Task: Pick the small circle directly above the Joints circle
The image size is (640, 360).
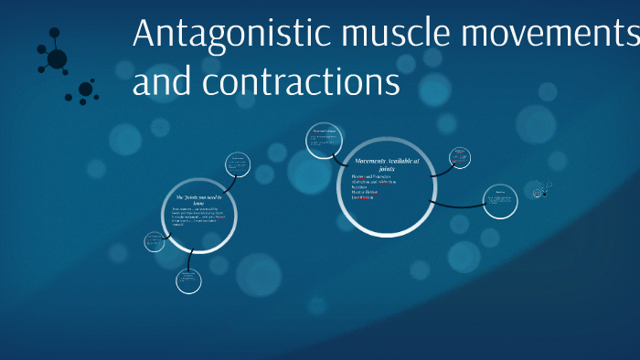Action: tap(239, 165)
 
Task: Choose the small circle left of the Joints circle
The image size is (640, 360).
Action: tap(155, 241)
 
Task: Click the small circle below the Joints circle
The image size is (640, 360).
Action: tap(188, 280)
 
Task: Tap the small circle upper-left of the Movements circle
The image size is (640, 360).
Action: tap(324, 141)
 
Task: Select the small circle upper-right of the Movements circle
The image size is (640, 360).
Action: tap(462, 158)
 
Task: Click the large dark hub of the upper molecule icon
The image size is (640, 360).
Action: tap(57, 59)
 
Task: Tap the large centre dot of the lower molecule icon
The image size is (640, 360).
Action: tap(85, 89)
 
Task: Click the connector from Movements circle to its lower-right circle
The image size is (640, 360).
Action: tap(456, 204)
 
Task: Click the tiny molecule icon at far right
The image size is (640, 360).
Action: tap(543, 190)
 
